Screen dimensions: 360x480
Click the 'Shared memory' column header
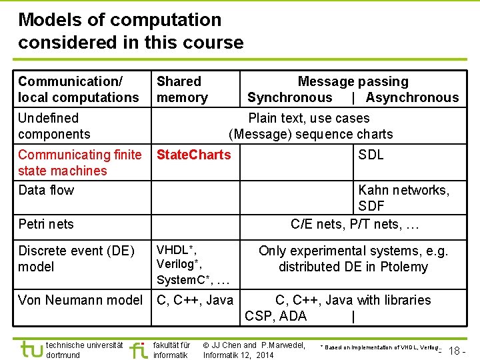[182, 89]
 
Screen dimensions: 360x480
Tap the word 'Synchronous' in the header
[289, 97]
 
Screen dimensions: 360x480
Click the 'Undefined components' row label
[54, 126]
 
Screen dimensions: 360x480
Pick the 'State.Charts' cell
[193, 155]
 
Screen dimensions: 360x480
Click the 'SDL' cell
[371, 155]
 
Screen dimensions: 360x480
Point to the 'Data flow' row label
[46, 190]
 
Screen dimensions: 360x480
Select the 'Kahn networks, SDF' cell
[403, 198]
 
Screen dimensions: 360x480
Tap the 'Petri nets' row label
[46, 224]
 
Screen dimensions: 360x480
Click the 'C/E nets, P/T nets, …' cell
[355, 224]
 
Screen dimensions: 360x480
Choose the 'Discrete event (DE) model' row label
[76, 259]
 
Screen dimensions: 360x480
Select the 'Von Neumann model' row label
[80, 300]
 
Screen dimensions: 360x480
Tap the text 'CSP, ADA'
[275, 316]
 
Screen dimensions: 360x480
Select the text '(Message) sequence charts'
[311, 134]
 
